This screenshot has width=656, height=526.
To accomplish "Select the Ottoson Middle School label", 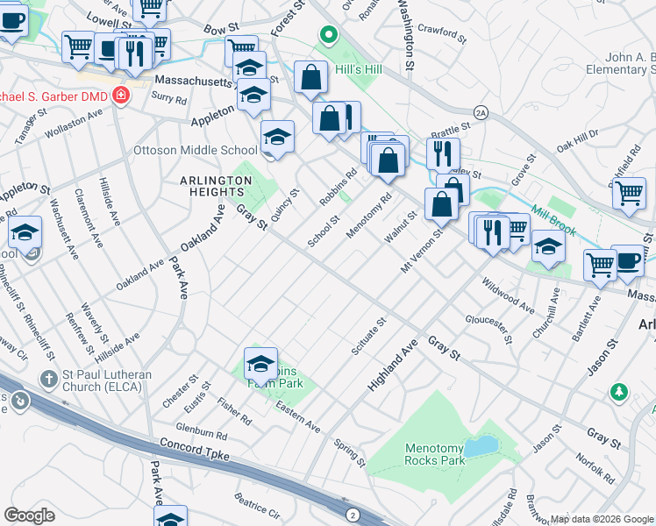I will tap(195, 150).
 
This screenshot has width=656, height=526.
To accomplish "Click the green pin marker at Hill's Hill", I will tap(328, 37).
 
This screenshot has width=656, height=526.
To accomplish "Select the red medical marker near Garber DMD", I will tap(120, 96).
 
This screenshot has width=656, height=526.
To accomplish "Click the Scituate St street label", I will tap(368, 338).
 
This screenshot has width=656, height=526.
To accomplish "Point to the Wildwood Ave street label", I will tap(508, 296).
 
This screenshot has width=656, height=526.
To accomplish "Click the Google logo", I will tap(30, 515).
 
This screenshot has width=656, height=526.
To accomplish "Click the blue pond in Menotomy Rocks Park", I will tap(480, 448).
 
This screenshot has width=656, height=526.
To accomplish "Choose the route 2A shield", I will tap(480, 112).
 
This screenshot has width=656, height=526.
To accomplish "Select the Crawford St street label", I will tap(440, 32).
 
